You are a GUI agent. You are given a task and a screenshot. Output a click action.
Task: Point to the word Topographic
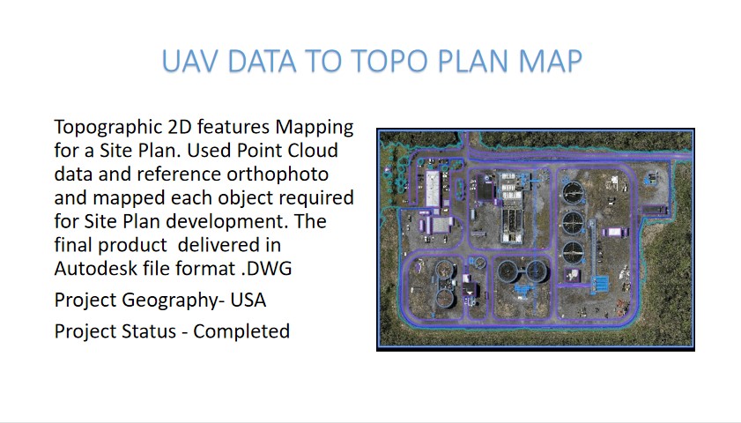(108, 128)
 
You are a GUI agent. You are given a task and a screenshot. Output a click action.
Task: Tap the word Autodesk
(88, 269)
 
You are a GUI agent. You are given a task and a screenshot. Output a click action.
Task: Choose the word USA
(248, 301)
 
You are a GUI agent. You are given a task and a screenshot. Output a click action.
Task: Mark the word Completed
(241, 331)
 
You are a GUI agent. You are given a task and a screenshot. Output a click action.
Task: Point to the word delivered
(229, 245)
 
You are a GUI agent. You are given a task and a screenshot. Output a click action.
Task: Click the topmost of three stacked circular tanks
(573, 192)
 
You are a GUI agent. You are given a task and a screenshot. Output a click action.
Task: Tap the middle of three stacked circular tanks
(573, 222)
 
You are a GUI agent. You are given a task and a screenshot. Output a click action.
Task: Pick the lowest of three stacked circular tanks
(573, 252)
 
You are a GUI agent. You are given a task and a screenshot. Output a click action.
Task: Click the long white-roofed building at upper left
(433, 189)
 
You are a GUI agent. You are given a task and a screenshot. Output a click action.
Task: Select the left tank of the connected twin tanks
(508, 272)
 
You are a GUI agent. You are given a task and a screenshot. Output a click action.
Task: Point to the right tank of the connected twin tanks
(536, 271)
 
